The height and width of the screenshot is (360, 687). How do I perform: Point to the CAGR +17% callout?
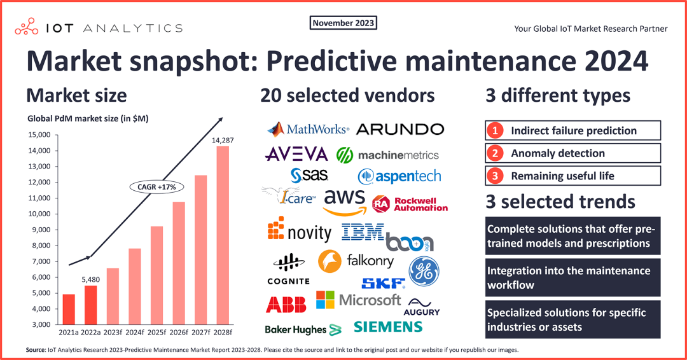(156, 187)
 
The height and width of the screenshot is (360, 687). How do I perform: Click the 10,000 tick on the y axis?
(39, 214)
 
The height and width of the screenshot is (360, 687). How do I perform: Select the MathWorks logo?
(309, 129)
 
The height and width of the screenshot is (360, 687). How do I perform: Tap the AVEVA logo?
(296, 154)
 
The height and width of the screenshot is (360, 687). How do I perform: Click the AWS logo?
(344, 201)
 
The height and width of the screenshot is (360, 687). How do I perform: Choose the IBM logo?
(363, 231)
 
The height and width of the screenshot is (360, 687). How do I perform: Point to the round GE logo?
(424, 271)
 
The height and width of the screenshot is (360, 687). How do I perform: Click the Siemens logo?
(388, 327)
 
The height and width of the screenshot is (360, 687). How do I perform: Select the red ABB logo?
(286, 305)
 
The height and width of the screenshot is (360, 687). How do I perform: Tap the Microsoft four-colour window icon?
(325, 300)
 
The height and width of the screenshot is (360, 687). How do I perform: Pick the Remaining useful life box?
(573, 176)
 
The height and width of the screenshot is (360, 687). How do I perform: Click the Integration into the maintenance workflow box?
(573, 278)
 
